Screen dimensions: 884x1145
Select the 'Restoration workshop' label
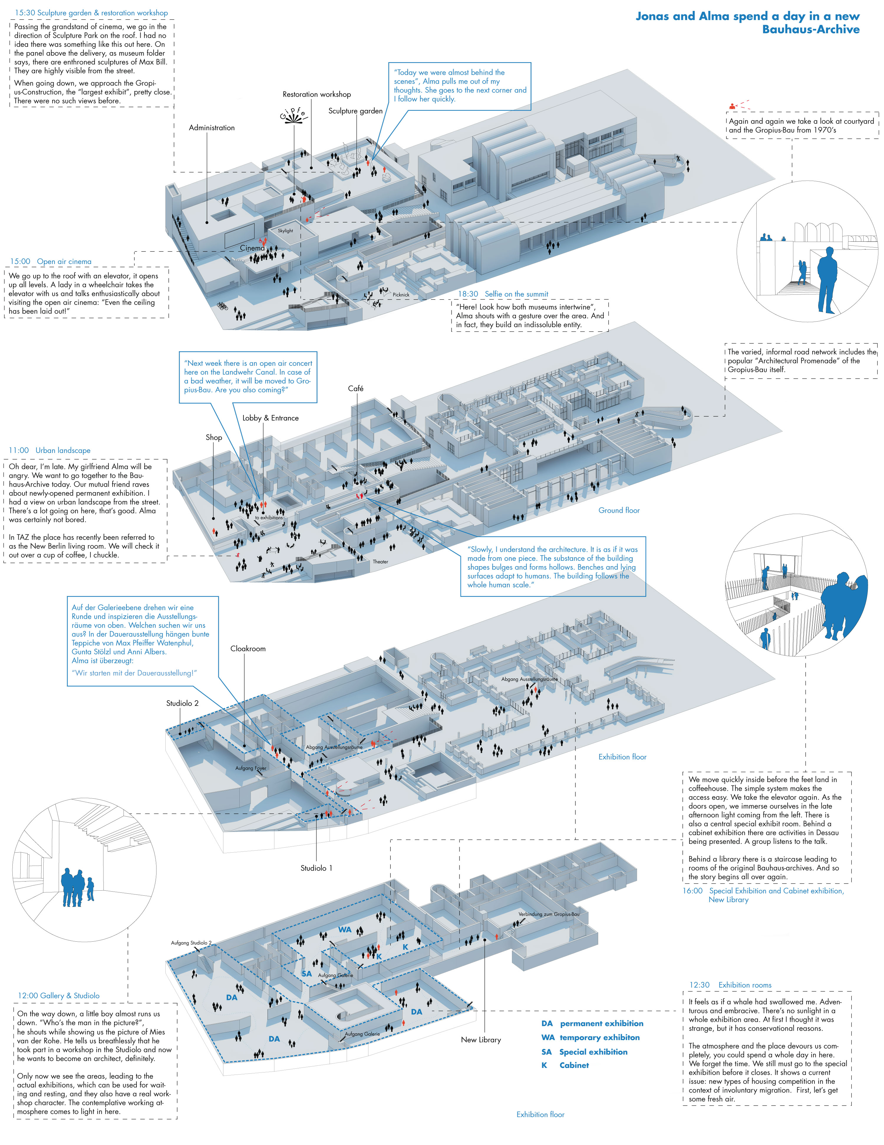[317, 94]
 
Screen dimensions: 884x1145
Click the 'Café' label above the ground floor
[355, 388]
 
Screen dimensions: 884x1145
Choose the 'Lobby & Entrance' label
[271, 418]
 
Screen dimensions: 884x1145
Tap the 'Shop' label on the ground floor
[214, 437]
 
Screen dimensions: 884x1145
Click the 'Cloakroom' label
[248, 648]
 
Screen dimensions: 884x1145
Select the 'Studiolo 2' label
[182, 703]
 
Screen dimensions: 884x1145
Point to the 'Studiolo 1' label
[316, 868]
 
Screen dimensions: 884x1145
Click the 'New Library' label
[481, 1039]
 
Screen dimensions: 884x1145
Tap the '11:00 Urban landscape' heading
[50, 450]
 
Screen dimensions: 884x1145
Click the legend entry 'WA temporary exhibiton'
[591, 1037]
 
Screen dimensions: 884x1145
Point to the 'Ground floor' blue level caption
[619, 510]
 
